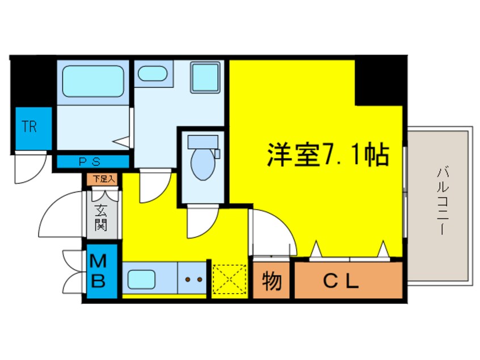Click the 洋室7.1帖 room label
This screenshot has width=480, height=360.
pos(328,154)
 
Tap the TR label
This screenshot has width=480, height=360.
pos(30,127)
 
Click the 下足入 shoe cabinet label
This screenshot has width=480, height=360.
pos(104,179)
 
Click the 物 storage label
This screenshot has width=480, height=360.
pos(271,281)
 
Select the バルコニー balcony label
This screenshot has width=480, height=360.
pos(441,202)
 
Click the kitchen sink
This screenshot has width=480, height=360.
pos(142,279)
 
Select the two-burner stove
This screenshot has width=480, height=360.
pos(191,279)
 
